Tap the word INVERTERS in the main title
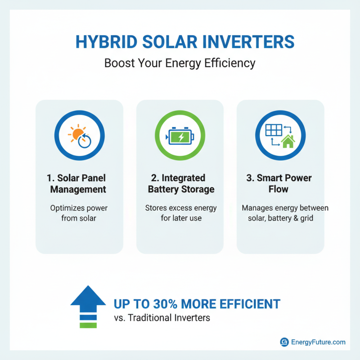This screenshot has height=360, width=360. point(250,42)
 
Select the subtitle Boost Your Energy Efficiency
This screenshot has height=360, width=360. point(180,63)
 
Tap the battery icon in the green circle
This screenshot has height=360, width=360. point(180,137)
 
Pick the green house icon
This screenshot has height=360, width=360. point(288,142)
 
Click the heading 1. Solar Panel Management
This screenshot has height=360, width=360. point(79,184)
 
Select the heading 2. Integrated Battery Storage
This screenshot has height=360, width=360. point(180,184)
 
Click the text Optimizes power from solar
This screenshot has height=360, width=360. point(79,213)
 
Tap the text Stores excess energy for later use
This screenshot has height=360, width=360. point(180,213)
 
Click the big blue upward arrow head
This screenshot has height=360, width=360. point(88,297)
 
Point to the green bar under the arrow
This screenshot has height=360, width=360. point(88,324)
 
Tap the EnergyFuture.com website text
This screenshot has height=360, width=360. point(318,342)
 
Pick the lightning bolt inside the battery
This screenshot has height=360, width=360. point(180,137)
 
